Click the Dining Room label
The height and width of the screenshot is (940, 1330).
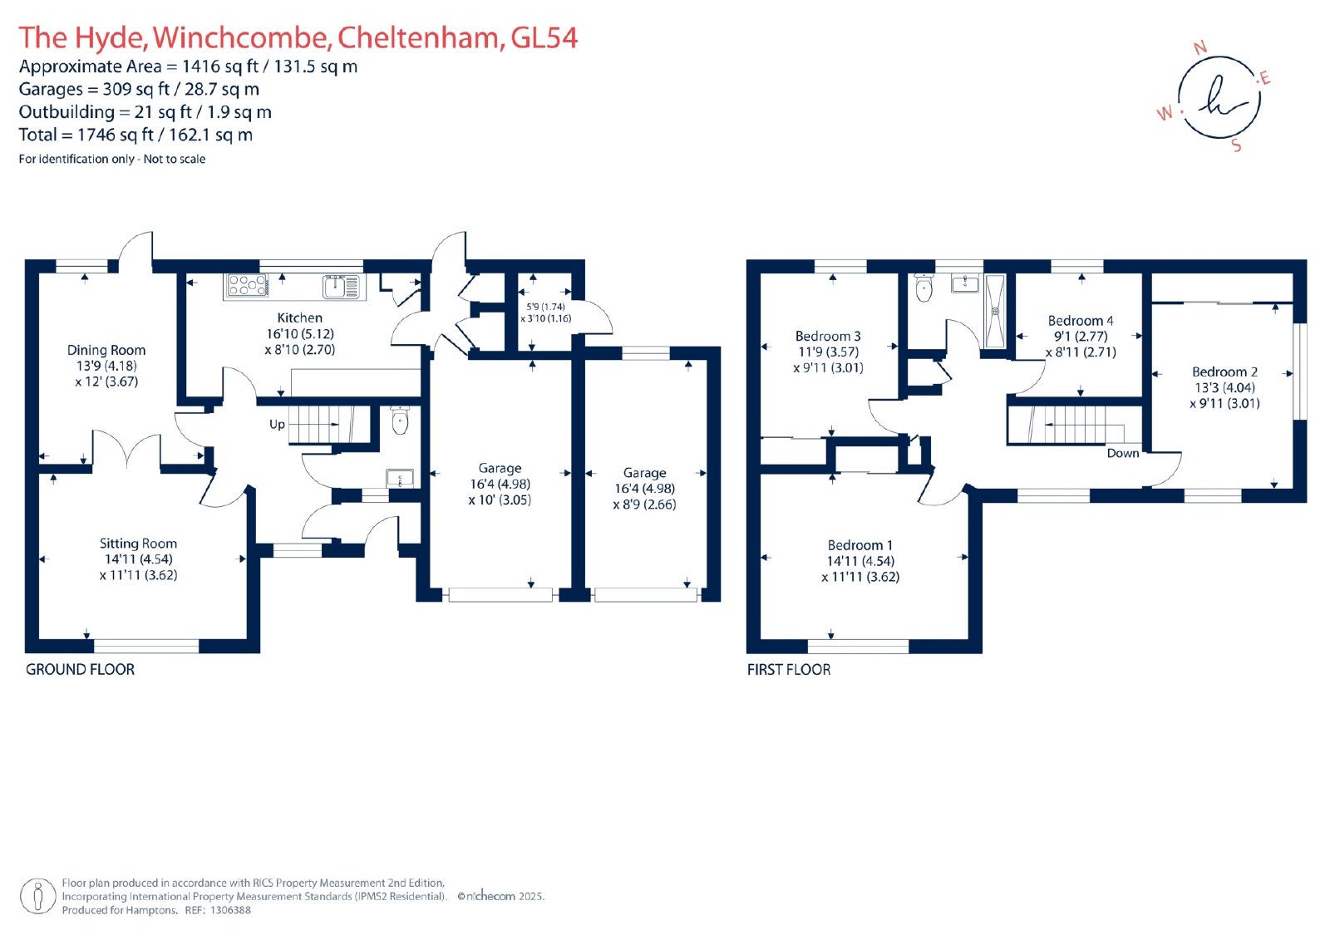[x=106, y=350]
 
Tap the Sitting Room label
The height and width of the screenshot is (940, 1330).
[x=138, y=544]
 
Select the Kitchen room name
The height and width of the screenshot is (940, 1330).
[x=299, y=317]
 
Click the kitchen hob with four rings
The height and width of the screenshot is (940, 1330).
[x=247, y=285]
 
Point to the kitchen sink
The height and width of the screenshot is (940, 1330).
[x=337, y=286]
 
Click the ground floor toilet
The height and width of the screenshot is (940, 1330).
[x=400, y=421]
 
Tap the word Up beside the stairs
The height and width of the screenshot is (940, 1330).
[x=277, y=424]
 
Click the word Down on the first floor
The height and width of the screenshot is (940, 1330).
[x=1122, y=453]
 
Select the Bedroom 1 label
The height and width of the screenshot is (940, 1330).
[x=860, y=545]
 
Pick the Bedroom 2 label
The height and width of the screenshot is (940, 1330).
[x=1224, y=372]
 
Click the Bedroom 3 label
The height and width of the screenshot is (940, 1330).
[x=828, y=336]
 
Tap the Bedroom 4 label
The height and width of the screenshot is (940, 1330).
[x=1081, y=320]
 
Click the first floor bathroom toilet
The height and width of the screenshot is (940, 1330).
[x=924, y=288]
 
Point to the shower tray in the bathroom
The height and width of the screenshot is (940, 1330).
[x=994, y=311]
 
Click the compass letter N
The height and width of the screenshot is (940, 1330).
[x=1199, y=48]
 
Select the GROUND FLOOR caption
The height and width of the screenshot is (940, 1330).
[x=80, y=669]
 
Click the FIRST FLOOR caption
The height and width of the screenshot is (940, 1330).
[x=788, y=669]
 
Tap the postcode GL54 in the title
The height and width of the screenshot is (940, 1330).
[x=544, y=37]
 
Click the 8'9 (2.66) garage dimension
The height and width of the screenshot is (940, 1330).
[x=644, y=504]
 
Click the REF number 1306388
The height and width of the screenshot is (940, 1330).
[x=229, y=910]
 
